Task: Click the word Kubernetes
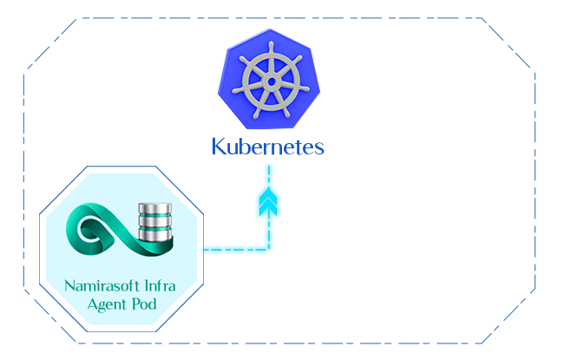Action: pyautogui.click(x=268, y=146)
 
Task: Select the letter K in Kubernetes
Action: pyautogui.click(x=219, y=146)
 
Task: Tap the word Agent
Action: pyautogui.click(x=108, y=304)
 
